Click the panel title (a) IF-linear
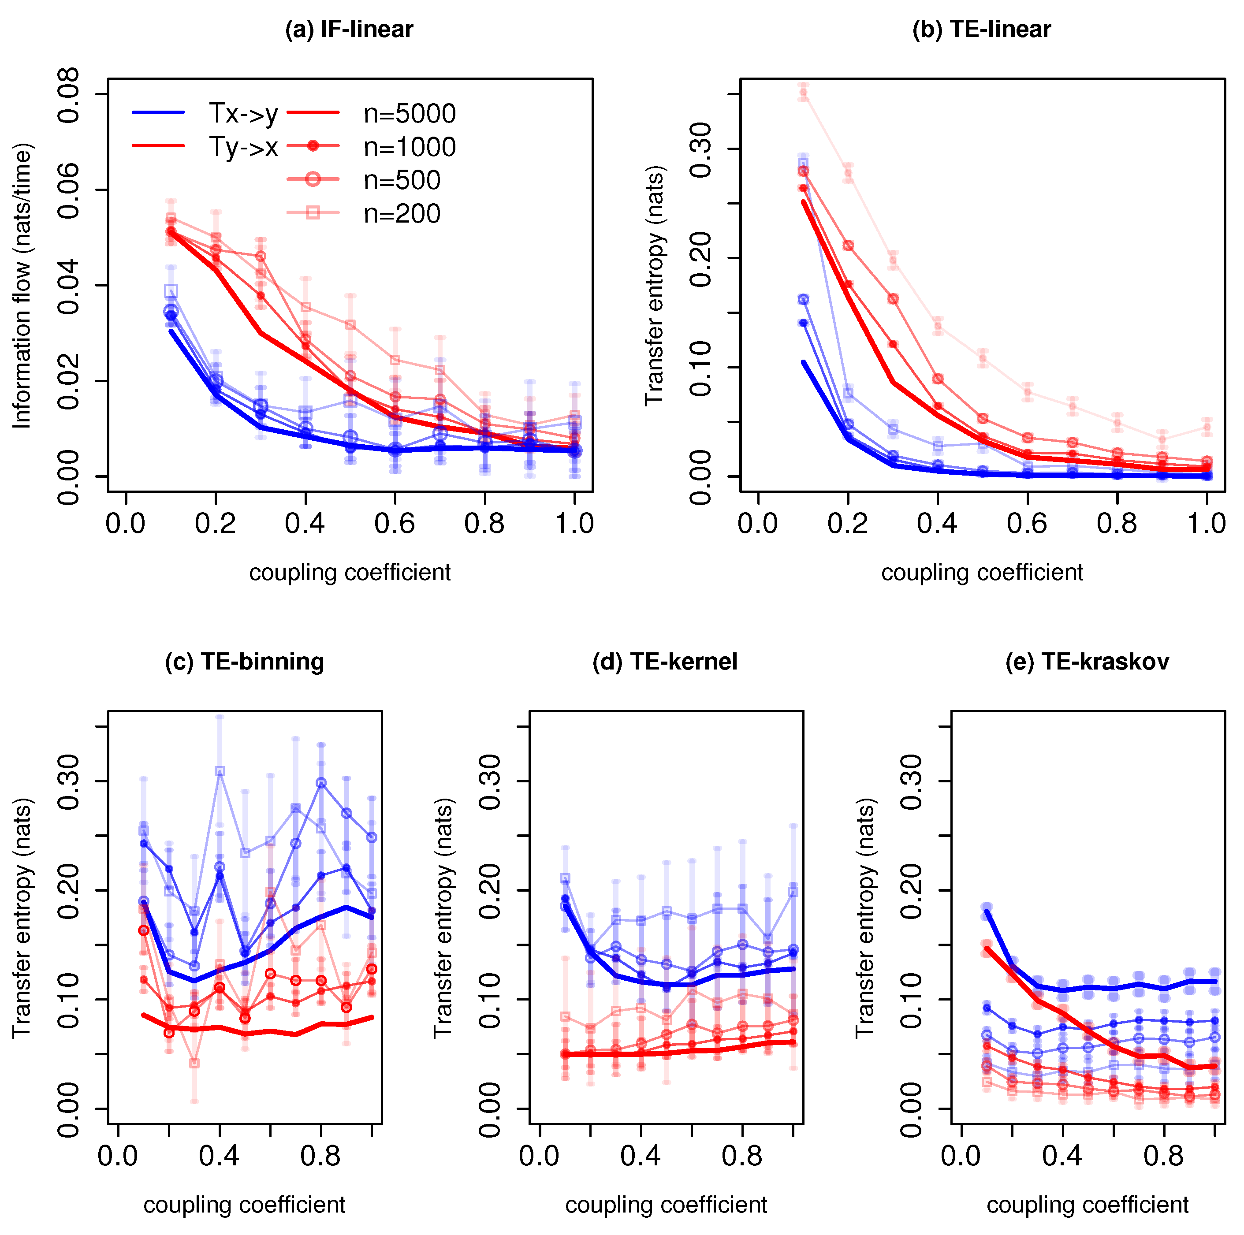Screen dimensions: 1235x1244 click(x=349, y=30)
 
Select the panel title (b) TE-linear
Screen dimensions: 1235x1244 click(x=981, y=30)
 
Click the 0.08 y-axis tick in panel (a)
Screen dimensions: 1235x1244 click(x=69, y=95)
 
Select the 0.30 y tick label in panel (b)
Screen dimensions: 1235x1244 click(x=700, y=149)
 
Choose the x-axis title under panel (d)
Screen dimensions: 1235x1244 click(x=666, y=1205)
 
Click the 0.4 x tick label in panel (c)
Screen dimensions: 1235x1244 click(x=219, y=1156)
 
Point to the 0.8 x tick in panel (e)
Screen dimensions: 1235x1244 click(x=1163, y=1156)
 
